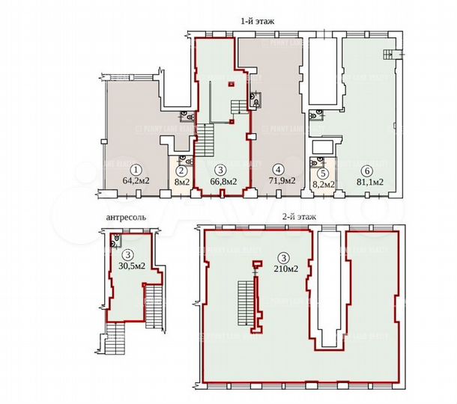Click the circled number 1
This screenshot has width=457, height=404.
(x=136, y=169)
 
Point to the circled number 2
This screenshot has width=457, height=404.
(x=181, y=169)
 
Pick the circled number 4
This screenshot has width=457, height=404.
(x=277, y=169)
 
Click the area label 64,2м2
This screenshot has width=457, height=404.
(x=136, y=180)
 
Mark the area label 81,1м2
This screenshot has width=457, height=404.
(x=369, y=180)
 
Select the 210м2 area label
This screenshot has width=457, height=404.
(x=284, y=268)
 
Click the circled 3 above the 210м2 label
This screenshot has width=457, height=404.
(x=283, y=257)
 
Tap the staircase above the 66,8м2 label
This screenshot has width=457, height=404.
(x=205, y=139)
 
